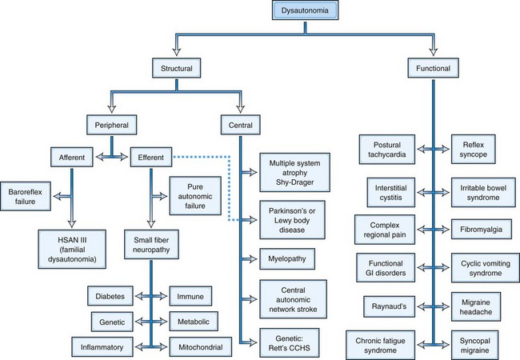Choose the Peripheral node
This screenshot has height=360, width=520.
click(112, 125)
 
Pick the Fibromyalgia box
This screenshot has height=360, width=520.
click(480, 230)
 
